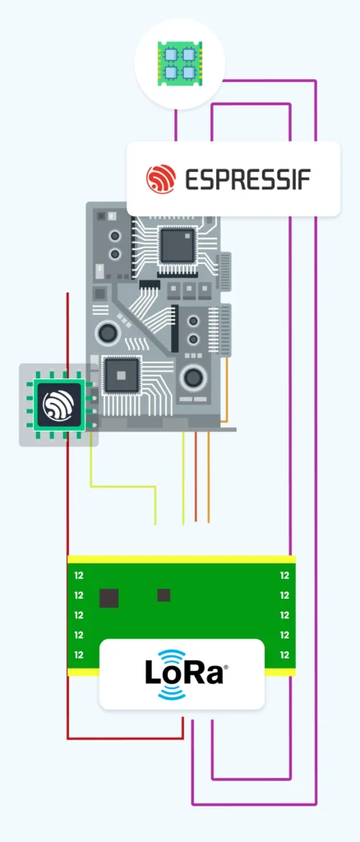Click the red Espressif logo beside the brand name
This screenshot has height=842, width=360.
(161, 179)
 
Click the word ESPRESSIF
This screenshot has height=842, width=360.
(248, 180)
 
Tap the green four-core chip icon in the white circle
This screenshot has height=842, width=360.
(180, 63)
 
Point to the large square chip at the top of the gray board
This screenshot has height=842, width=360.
(178, 245)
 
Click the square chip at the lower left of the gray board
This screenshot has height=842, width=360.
(122, 374)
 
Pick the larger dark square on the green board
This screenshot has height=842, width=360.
(109, 598)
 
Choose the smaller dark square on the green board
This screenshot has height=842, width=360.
(164, 595)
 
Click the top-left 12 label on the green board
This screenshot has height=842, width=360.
(79, 576)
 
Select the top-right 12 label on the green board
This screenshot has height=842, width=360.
(284, 576)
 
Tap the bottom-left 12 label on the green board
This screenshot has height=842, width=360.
(79, 655)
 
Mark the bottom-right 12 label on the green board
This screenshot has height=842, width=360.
(284, 655)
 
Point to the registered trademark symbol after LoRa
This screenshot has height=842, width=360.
(225, 667)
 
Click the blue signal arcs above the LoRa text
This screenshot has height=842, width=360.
(172, 657)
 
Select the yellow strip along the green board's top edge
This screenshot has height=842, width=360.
(182, 559)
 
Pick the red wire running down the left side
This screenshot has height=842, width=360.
(67, 516)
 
